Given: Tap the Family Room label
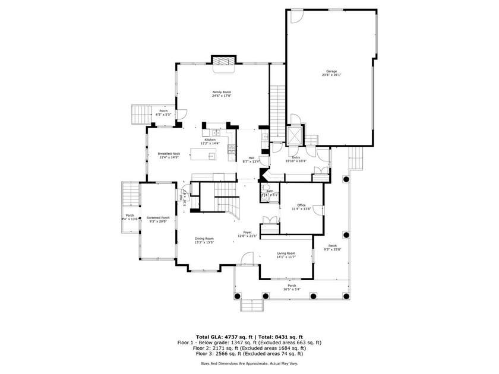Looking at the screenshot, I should tap(222, 92).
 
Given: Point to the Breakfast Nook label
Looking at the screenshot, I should tap(169, 153).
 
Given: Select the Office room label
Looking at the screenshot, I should tap(301, 205).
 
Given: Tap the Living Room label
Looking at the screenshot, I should tap(286, 253).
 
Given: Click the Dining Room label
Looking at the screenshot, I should tap(204, 239).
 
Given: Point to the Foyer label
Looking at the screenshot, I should tap(248, 232).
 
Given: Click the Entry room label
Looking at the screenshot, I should tap(296, 157).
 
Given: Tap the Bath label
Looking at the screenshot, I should tap(270, 191).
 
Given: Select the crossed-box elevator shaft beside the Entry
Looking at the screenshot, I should tap(294, 136).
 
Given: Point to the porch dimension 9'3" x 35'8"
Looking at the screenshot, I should tap(333, 250).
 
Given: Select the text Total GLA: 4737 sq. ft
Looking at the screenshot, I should tap(223, 337).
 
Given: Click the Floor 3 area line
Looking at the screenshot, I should tap(249, 354).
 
